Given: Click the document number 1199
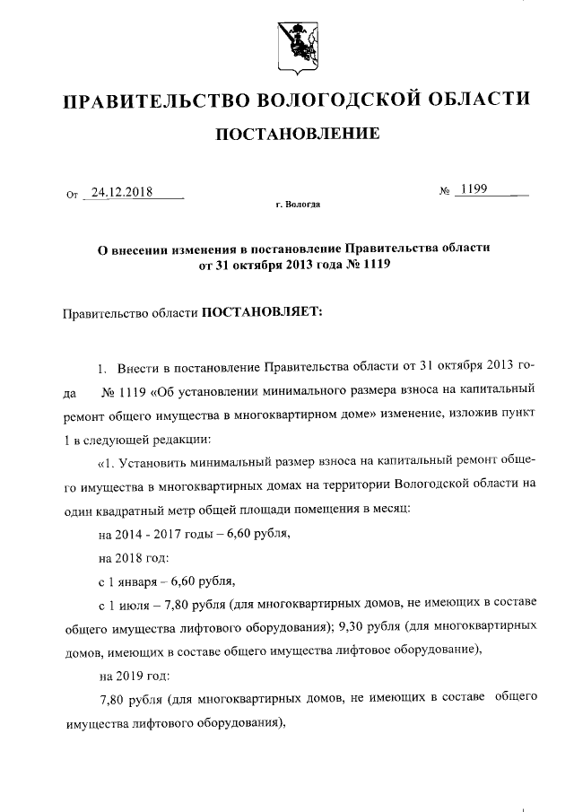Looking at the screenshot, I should (x=473, y=190).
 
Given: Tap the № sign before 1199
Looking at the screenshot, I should (x=444, y=192).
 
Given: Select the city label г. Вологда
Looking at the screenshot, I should (x=297, y=205).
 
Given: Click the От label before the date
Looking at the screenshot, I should (x=73, y=194).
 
